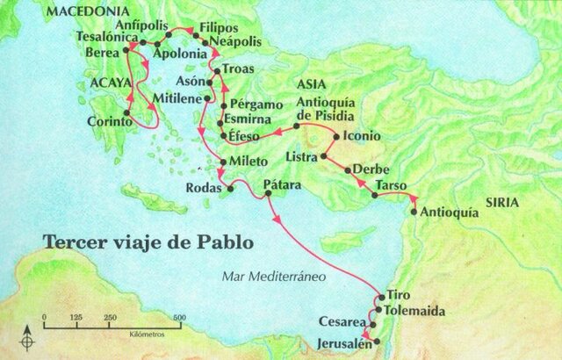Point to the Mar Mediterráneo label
coord(274,275)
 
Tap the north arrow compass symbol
coord(31,338)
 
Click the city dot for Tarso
coord(375,195)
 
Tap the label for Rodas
coord(202,187)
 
